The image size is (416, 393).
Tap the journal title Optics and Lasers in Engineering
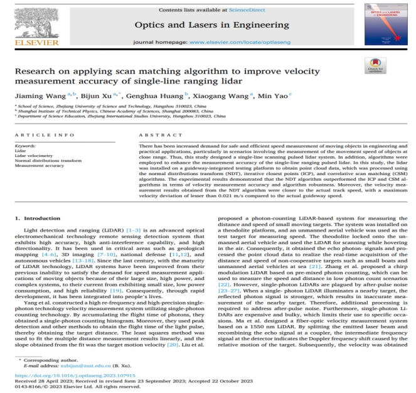pyautogui.click(x=208, y=23)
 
